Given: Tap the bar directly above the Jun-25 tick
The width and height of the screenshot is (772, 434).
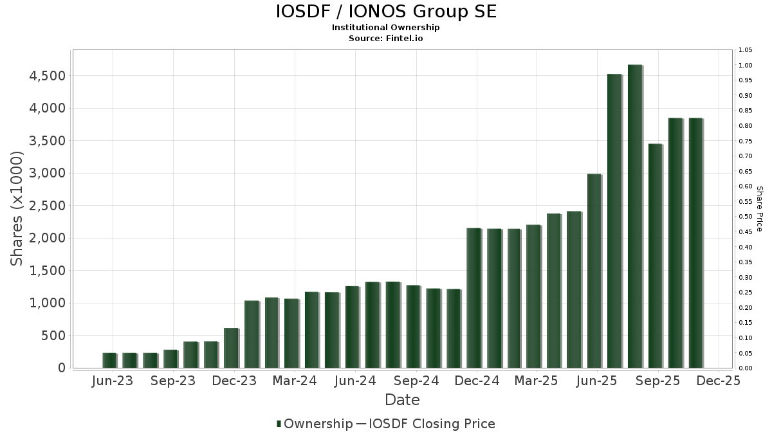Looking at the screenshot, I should pos(594,271).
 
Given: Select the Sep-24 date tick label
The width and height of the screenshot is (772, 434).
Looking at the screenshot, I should pos(416,381).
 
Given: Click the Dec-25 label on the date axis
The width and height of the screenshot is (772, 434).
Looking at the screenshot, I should pos(719,381).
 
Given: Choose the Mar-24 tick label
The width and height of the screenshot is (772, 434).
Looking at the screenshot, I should pos(295,381).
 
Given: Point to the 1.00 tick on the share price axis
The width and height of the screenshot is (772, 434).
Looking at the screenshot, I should pos(746,65).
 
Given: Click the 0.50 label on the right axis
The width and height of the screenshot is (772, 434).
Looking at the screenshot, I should pos(746,217).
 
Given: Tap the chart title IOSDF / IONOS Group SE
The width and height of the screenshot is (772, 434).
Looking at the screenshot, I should pos(386,12).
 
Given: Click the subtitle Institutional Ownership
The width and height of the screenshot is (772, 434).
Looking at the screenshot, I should pos(386,28).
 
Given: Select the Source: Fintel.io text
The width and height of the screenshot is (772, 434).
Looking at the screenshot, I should pos(386,39).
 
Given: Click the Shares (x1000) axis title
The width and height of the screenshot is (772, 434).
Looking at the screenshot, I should pos(17,209).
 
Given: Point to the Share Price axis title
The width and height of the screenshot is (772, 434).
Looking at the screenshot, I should pos(759,209).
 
